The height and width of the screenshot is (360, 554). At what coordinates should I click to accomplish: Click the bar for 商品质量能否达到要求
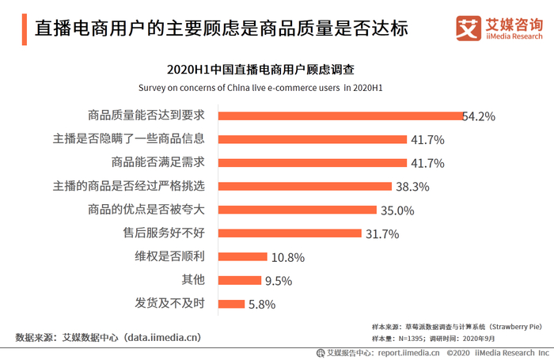(x=340, y=116)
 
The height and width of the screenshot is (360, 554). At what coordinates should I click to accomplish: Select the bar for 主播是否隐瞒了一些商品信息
(x=312, y=139)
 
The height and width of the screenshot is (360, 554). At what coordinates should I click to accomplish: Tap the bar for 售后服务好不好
(x=289, y=233)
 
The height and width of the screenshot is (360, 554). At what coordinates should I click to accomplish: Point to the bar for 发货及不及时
(x=231, y=304)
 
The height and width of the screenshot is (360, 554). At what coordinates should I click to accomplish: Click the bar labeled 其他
(x=239, y=280)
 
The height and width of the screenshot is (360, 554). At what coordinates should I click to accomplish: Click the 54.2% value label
(x=479, y=116)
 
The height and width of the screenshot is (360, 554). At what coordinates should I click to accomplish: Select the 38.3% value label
(x=412, y=187)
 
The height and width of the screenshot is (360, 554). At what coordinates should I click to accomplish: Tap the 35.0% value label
(x=398, y=210)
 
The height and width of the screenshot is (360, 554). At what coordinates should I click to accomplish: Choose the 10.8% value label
(x=287, y=257)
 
